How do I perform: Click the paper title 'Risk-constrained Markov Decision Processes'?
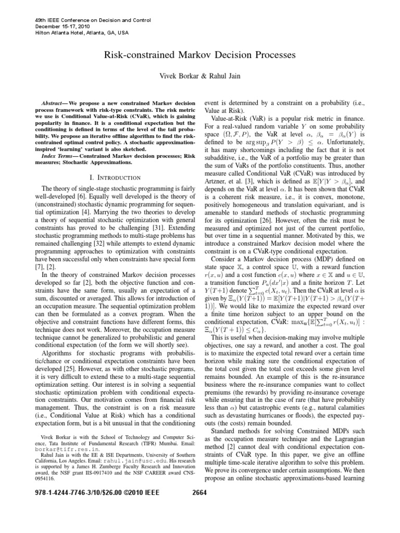coord(200,55)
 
